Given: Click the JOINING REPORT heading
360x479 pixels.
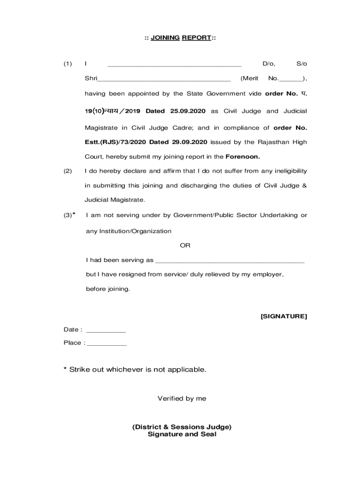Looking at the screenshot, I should tap(180, 38).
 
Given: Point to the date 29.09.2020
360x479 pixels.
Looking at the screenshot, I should tap(190, 142).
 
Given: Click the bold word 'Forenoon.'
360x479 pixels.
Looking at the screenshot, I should tap(243, 157).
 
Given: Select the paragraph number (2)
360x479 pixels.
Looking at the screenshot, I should tap(68, 171).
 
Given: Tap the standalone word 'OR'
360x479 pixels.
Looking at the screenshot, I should tap(185, 246).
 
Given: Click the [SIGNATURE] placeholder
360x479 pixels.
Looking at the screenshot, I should tap(284, 317).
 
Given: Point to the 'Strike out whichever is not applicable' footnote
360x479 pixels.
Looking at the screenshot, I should tap(135, 370).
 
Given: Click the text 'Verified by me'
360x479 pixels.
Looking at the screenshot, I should tap(182, 399).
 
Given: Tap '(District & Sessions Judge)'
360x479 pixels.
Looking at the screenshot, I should tap(182, 427).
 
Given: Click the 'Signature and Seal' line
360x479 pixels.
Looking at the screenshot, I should tap(182, 434).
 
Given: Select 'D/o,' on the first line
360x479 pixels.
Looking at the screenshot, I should tap(269, 64).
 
